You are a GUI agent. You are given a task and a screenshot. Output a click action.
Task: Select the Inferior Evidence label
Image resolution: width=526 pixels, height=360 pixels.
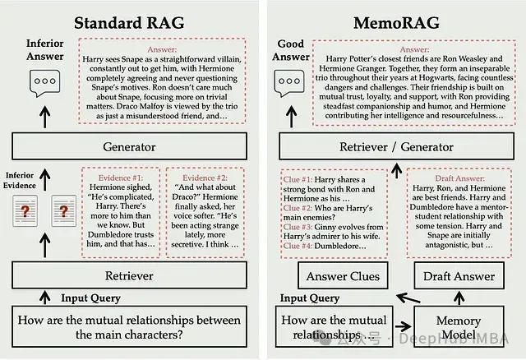tap(25, 181)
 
